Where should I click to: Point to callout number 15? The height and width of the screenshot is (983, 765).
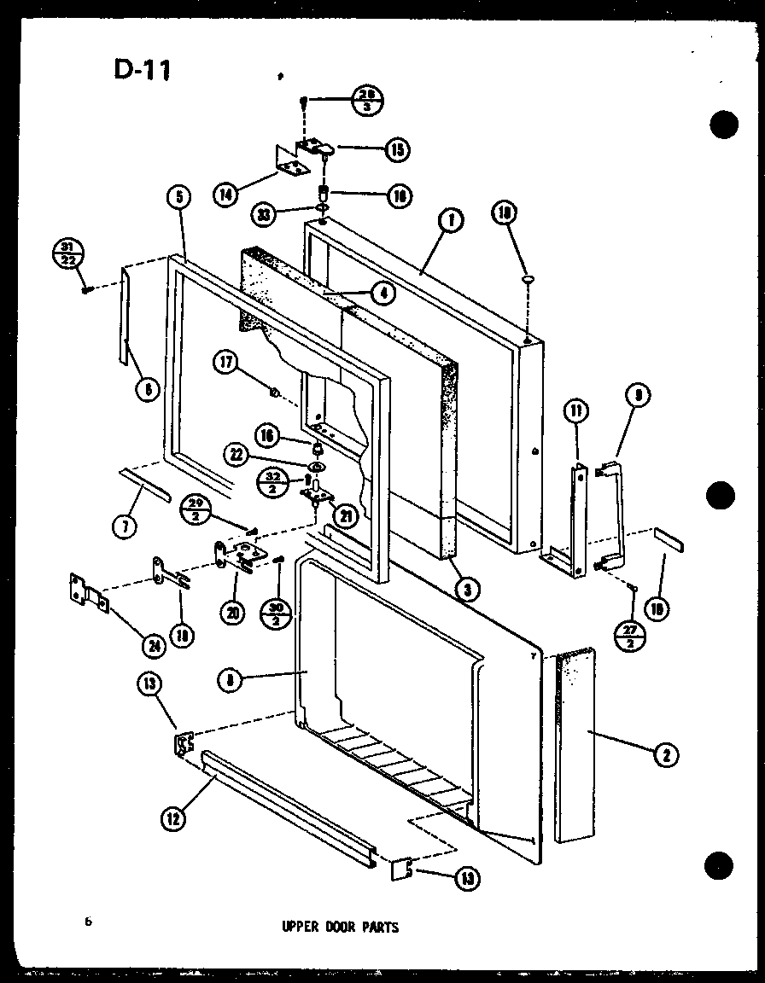click(x=396, y=150)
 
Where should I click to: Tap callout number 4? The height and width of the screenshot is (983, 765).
click(x=383, y=292)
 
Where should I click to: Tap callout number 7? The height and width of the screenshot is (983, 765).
click(x=126, y=526)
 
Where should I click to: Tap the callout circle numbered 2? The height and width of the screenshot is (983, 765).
click(x=666, y=753)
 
